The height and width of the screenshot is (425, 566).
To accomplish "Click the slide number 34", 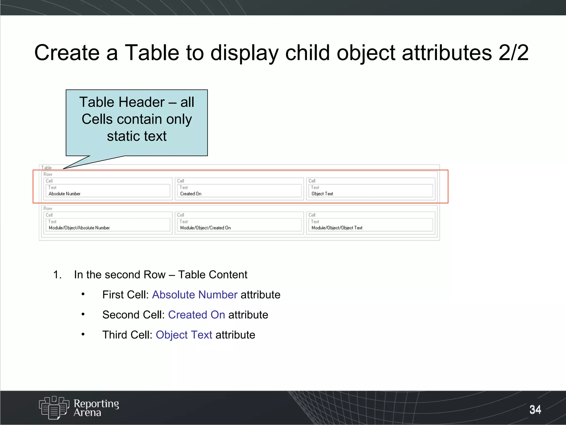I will pyautogui.click(x=535, y=410).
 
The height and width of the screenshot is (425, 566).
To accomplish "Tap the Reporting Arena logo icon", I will pyautogui.click(x=54, y=408).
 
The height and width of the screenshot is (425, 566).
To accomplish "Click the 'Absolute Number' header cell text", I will pyautogui.click(x=64, y=194).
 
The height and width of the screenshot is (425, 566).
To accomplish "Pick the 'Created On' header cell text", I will pyautogui.click(x=191, y=194).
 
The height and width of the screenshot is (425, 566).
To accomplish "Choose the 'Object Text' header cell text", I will pyautogui.click(x=322, y=194).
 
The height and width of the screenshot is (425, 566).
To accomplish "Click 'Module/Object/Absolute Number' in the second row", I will pyautogui.click(x=79, y=228).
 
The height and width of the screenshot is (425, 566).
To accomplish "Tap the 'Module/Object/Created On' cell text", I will pyautogui.click(x=205, y=228).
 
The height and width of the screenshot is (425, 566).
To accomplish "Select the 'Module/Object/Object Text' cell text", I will pyautogui.click(x=337, y=228).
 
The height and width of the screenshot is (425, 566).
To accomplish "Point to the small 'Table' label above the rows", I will pyautogui.click(x=46, y=168).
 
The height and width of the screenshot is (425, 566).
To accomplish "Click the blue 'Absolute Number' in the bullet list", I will pyautogui.click(x=195, y=295).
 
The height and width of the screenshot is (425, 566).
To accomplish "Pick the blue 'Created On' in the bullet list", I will pyautogui.click(x=196, y=315).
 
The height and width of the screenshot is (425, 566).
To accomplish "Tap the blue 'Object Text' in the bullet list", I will pyautogui.click(x=184, y=335).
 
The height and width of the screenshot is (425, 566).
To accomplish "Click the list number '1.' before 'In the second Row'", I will pyautogui.click(x=57, y=275).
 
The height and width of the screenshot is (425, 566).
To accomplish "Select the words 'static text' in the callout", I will pyautogui.click(x=137, y=136).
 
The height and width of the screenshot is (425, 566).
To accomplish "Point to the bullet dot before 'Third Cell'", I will pyautogui.click(x=83, y=334).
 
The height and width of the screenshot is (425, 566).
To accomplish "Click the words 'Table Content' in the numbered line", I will pyautogui.click(x=213, y=275).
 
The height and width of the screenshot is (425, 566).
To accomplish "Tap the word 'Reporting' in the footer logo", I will pyautogui.click(x=96, y=404).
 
